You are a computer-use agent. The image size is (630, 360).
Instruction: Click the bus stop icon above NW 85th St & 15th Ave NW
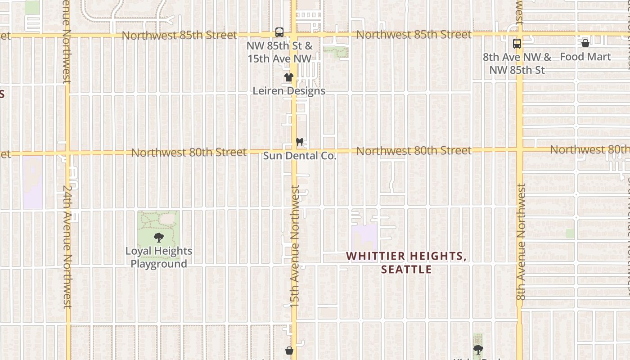pyautogui.click(x=279, y=32)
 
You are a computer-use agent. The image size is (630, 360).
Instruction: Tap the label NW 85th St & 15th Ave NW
pyautogui.click(x=279, y=52)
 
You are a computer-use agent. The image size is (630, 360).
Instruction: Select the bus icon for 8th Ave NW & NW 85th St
pyautogui.click(x=517, y=44)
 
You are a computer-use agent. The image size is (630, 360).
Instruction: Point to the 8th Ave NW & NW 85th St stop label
pyautogui.click(x=517, y=63)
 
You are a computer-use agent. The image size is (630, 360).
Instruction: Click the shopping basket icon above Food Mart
pyautogui.click(x=585, y=43)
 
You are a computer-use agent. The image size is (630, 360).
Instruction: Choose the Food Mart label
pyautogui.click(x=585, y=57)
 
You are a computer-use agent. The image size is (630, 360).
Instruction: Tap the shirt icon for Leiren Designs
pyautogui.click(x=289, y=77)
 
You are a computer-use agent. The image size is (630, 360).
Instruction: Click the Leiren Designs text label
pyautogui.click(x=289, y=91)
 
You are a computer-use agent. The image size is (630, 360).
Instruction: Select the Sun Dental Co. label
pyautogui.click(x=300, y=156)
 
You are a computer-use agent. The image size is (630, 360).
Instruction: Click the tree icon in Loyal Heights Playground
pyautogui.click(x=158, y=238)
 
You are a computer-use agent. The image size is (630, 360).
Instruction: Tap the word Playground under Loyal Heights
pyautogui.click(x=159, y=264)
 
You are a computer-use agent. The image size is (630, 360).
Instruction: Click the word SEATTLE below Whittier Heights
pyautogui.click(x=406, y=270)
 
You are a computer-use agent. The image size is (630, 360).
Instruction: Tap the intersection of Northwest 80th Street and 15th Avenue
pyautogui.click(x=294, y=151)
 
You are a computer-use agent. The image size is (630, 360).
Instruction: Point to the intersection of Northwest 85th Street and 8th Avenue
pyautogui.click(x=519, y=34)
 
